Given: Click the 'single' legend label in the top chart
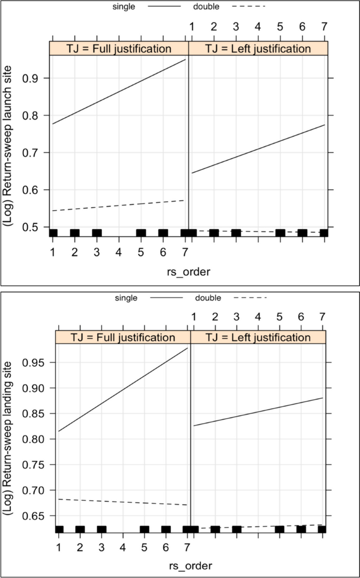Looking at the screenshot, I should click(124, 7).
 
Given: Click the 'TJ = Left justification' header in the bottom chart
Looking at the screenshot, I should click(258, 337).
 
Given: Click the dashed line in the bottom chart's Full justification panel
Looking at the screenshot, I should click(123, 355).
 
